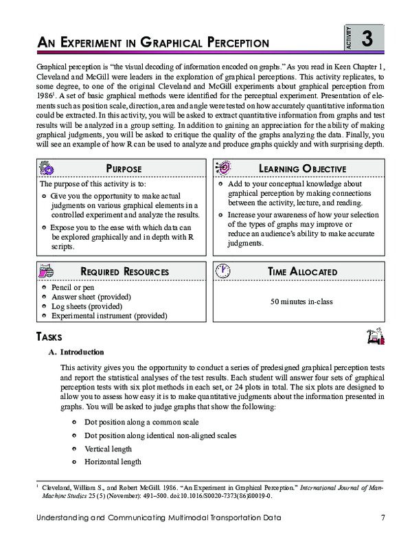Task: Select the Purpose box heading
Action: tap(124, 169)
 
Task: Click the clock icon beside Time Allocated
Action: tap(222, 271)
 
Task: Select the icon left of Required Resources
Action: tap(48, 271)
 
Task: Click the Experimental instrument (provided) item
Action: tap(109, 315)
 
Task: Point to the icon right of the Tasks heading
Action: tap(375, 336)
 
